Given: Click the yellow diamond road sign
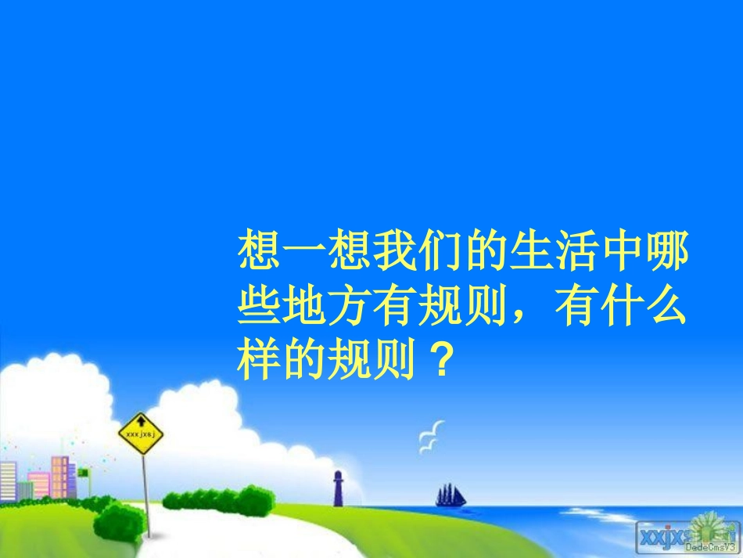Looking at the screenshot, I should click(x=141, y=434).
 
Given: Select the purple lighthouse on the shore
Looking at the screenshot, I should click(x=338, y=488).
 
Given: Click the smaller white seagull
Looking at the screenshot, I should click(x=427, y=446).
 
